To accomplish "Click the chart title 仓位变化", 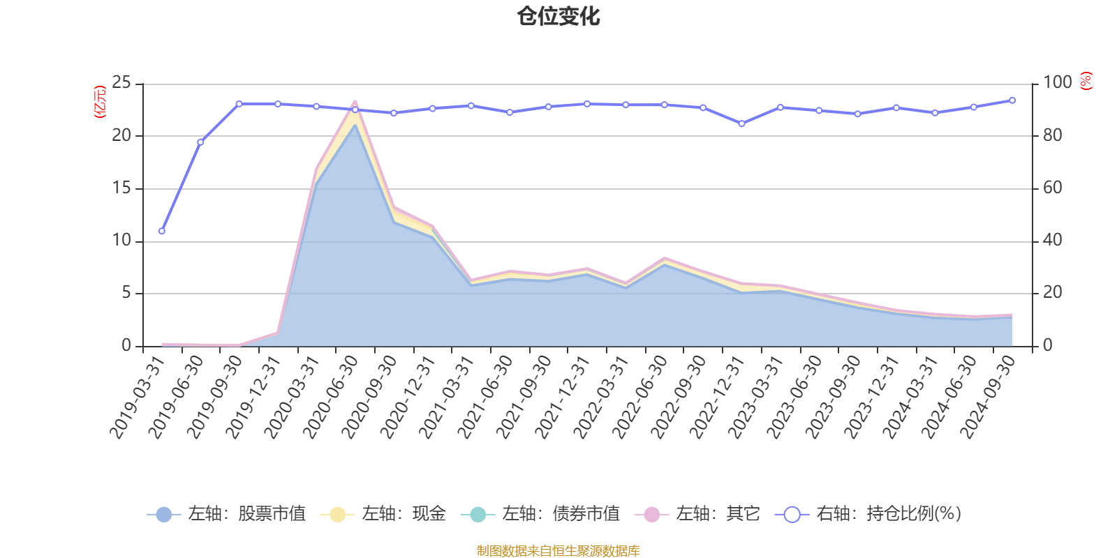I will click(558, 16).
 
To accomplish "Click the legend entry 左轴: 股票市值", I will click(226, 514).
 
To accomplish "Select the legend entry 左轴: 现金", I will click(383, 514).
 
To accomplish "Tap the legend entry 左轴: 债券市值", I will click(540, 514).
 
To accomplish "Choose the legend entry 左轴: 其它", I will click(697, 514).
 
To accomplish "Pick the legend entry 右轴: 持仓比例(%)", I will click(868, 514).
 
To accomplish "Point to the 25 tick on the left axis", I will click(121, 83).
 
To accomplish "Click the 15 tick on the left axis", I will click(121, 188).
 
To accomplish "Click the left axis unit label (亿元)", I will click(100, 102).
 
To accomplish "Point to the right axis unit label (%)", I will click(1086, 81).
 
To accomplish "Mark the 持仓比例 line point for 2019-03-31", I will click(162, 231).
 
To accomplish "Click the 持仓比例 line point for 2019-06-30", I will click(200, 142).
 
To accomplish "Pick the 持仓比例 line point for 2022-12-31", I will click(741, 123).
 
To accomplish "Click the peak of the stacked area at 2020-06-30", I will click(355, 102).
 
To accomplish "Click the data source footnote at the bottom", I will click(558, 551).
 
